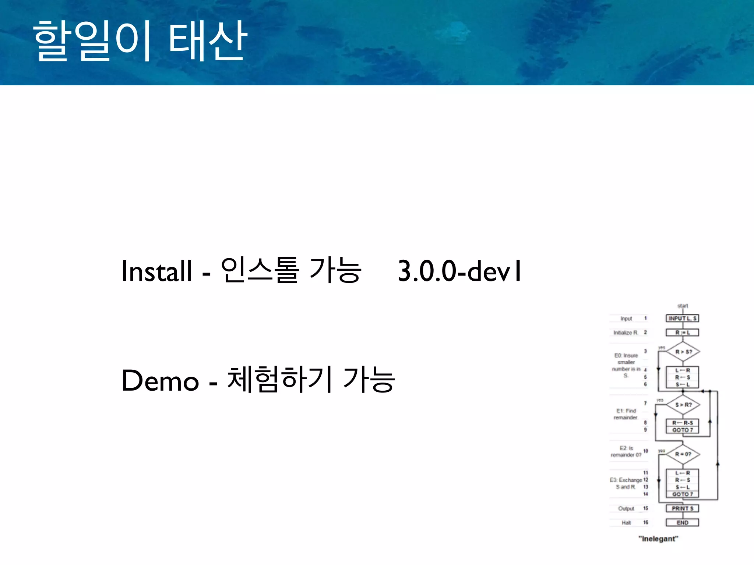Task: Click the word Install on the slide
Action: (x=156, y=271)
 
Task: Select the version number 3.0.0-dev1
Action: (x=459, y=271)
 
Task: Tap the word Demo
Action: (x=160, y=381)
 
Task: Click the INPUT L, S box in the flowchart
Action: (x=682, y=318)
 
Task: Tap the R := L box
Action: (x=682, y=333)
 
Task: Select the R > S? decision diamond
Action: (x=683, y=352)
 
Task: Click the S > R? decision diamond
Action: (x=683, y=405)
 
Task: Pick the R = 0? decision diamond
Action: (x=683, y=454)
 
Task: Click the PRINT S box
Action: (x=682, y=508)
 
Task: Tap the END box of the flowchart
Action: (x=682, y=522)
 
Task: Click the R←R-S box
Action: (x=682, y=423)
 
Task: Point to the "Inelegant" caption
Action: (x=658, y=539)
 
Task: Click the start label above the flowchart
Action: (x=683, y=306)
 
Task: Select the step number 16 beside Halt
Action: (x=645, y=522)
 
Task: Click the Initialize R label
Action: (x=625, y=333)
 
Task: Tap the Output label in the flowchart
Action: (x=626, y=508)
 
